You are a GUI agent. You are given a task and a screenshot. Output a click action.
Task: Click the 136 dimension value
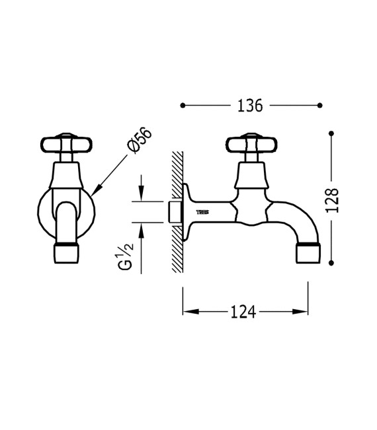coord(250,105)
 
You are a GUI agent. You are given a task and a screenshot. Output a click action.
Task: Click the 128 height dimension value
coord(333,199)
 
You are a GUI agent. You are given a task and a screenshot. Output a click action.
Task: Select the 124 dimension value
coord(243,312)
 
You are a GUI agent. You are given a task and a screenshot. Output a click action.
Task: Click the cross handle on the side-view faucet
coord(249,143)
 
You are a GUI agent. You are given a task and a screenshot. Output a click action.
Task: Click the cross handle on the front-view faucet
coord(65,143)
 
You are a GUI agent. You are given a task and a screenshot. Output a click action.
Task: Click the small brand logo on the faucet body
coord(205,212)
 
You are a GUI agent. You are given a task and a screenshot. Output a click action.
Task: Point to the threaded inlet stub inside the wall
coord(176,212)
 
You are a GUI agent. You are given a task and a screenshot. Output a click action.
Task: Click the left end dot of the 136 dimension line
coord(183,105)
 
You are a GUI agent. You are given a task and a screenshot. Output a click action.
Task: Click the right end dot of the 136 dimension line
coord(320,105)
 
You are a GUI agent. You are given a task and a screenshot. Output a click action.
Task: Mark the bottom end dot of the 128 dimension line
coord(332,264)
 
